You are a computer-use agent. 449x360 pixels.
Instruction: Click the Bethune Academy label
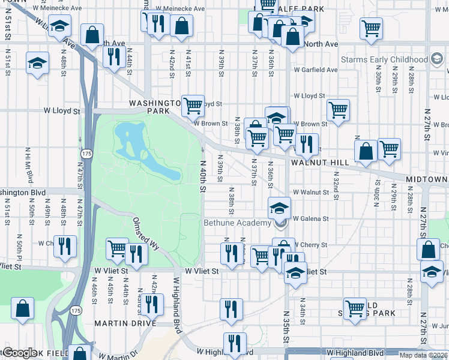237,223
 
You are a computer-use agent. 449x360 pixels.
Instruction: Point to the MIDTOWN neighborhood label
427,179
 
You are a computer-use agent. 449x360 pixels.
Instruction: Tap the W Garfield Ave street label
316,70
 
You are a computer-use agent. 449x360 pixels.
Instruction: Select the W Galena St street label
311,218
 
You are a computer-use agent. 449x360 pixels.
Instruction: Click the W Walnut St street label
311,193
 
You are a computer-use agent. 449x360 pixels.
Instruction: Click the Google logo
19,353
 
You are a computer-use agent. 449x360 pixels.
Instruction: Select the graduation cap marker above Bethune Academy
279,208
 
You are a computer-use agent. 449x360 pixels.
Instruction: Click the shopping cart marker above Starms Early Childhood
372,27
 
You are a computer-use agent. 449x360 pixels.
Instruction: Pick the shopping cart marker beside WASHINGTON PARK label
193,106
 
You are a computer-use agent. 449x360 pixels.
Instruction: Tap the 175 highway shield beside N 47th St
87,154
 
